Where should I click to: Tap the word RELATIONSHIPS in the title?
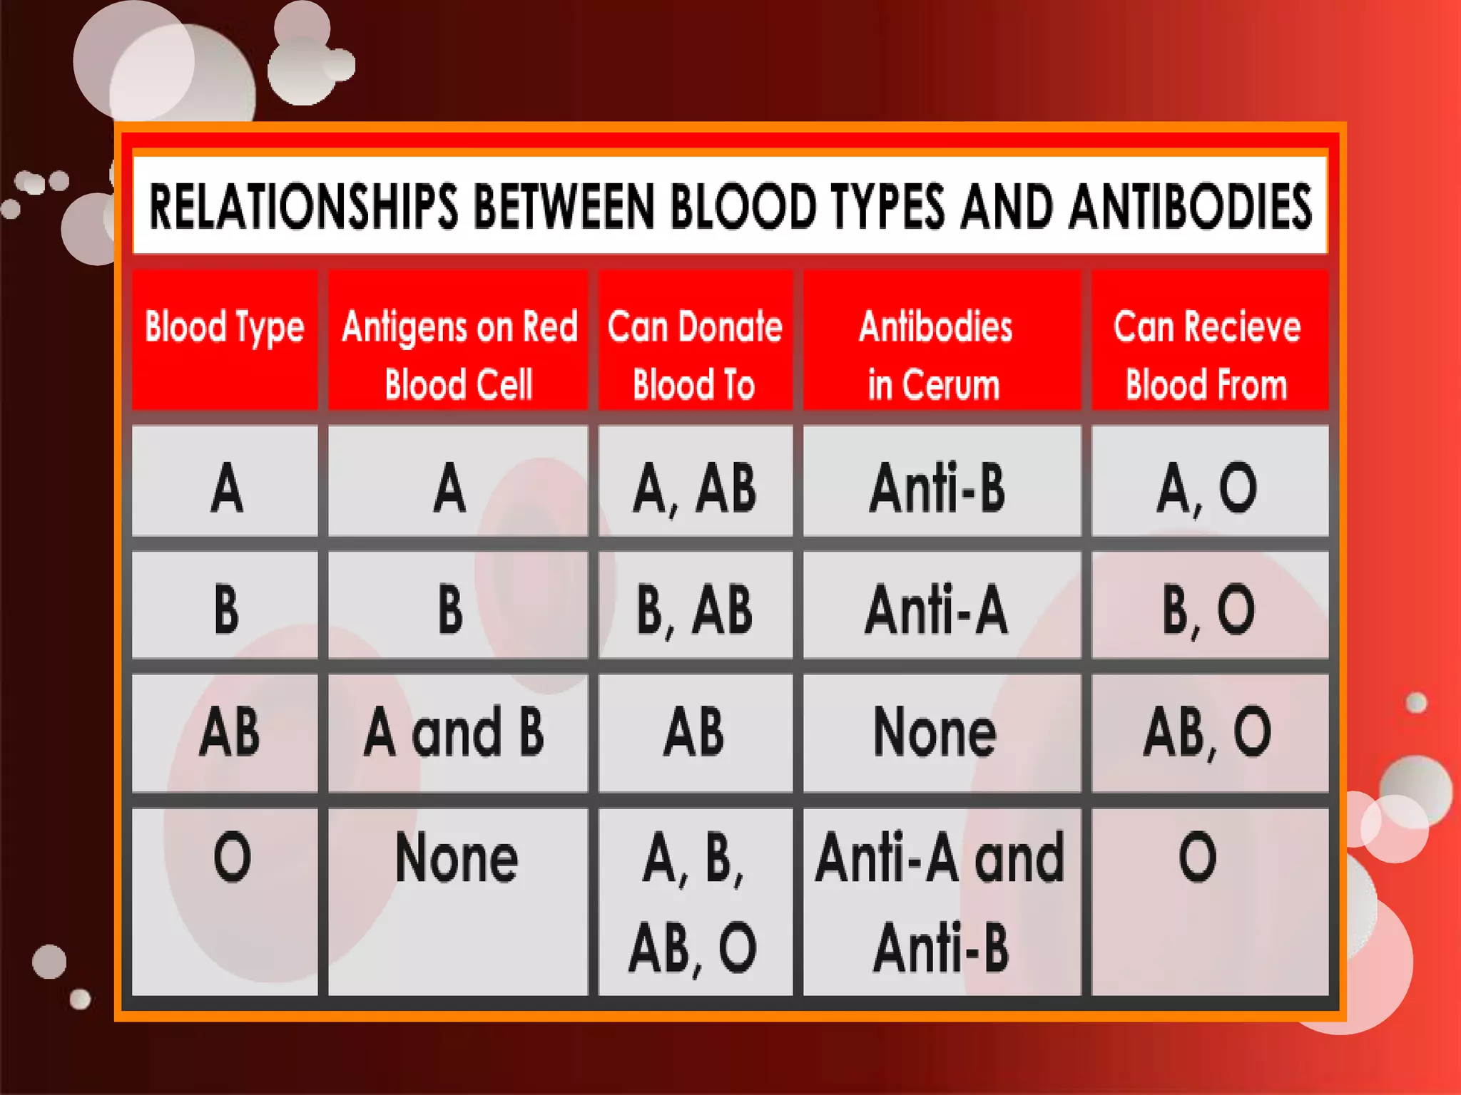pos(303,207)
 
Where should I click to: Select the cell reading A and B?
pos(454,732)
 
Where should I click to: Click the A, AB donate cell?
pos(695,488)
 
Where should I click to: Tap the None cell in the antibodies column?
pos(935,732)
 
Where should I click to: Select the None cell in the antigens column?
pos(457,858)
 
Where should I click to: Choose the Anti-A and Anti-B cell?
pos(941,902)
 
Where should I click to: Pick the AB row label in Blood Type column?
pos(230,732)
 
